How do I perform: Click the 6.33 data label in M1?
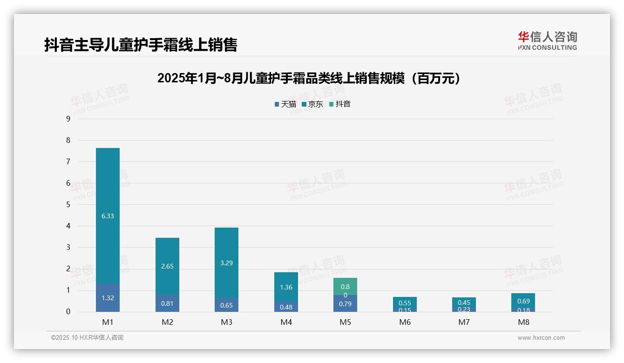point(108,216)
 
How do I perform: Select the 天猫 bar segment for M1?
point(108,298)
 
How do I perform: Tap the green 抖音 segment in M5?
point(345,286)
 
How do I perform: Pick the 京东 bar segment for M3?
point(226,262)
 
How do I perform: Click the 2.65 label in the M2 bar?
point(167,266)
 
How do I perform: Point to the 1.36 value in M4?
point(286,287)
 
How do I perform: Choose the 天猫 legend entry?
point(285,104)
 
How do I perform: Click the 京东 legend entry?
point(312,104)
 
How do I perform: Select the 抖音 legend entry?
point(340,104)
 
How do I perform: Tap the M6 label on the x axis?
point(405,322)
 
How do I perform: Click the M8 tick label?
point(523,322)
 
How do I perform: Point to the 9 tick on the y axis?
point(68,119)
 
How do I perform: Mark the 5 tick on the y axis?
point(68,204)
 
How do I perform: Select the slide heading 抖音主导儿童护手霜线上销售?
point(141,45)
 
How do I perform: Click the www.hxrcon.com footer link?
point(541,338)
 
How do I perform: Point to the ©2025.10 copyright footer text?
point(87,338)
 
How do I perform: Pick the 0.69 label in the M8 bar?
point(523,301)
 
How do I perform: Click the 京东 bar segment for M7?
point(464,302)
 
